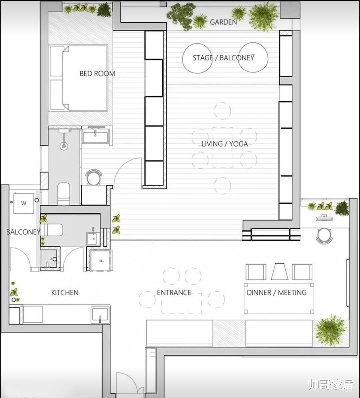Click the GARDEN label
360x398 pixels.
click(223, 22)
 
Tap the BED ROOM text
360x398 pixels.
click(97, 74)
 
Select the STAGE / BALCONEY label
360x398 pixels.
click(223, 58)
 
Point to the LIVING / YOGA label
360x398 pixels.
click(225, 144)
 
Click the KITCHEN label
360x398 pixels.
click(65, 293)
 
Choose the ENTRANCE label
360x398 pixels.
click(174, 293)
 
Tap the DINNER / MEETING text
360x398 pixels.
click(277, 293)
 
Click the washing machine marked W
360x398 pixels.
click(24, 203)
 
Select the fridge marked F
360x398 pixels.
click(101, 261)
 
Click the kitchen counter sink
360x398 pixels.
click(100, 316)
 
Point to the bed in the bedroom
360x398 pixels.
click(78, 78)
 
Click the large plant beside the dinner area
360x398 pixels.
click(330, 330)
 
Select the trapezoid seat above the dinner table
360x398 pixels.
click(280, 271)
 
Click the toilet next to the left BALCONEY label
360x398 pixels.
click(52, 230)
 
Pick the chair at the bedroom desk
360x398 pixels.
click(94, 177)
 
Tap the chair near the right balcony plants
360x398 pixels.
click(324, 236)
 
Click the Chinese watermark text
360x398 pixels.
click(331, 384)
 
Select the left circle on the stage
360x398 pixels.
click(197, 58)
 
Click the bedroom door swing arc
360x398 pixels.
click(125, 165)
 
